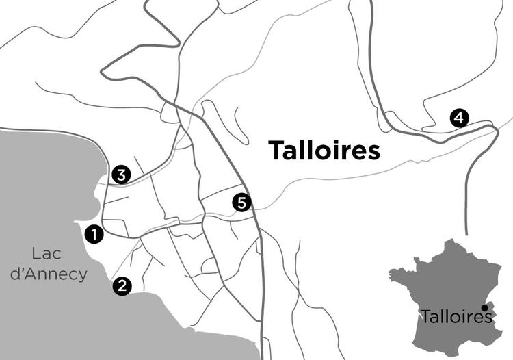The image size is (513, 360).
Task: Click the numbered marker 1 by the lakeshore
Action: coord(94,234)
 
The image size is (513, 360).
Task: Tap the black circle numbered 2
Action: coord(122,285)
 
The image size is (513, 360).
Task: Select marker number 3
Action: coord(120,175)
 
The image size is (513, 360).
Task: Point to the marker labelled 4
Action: coord(459,118)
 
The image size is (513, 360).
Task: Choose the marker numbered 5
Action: coord(241,202)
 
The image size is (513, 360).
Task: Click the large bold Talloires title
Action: coord(324,151)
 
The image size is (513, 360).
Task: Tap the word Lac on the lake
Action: coord(47,254)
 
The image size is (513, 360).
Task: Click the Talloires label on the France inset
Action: coord(456,318)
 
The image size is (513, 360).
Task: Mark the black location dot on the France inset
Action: coord(484,307)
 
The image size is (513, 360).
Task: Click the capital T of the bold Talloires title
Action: coord(276,151)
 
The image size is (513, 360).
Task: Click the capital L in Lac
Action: coord(36,254)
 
